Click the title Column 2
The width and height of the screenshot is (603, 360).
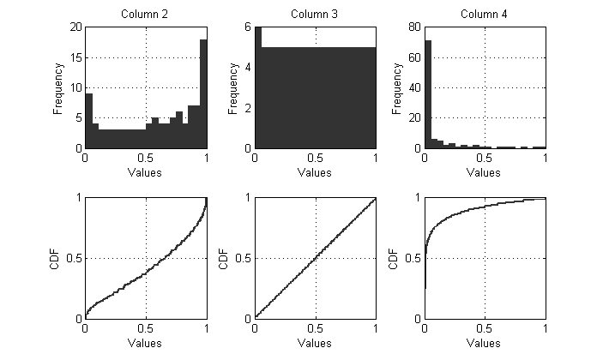pyautogui.click(x=146, y=15)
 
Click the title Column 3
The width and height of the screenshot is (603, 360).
pyautogui.click(x=316, y=15)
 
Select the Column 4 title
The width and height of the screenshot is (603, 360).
pyautogui.click(x=485, y=15)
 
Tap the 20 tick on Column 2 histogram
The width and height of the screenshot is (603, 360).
pyautogui.click(x=75, y=27)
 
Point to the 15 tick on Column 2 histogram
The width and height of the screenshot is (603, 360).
pyautogui.click(x=75, y=57)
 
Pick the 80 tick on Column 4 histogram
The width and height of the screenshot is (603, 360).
pyautogui.click(x=413, y=27)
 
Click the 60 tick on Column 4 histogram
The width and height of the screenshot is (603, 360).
pyautogui.click(x=413, y=57)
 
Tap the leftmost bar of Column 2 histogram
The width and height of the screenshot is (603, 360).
pyautogui.click(x=88, y=121)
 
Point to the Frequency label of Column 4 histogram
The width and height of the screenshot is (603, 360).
pyautogui.click(x=398, y=87)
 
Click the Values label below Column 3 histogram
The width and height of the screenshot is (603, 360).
pyautogui.click(x=316, y=172)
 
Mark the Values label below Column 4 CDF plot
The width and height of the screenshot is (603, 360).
pyautogui.click(x=485, y=342)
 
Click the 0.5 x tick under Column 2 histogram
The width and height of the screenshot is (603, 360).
pyautogui.click(x=146, y=159)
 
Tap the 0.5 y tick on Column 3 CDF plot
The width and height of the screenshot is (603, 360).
pyautogui.click(x=244, y=257)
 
